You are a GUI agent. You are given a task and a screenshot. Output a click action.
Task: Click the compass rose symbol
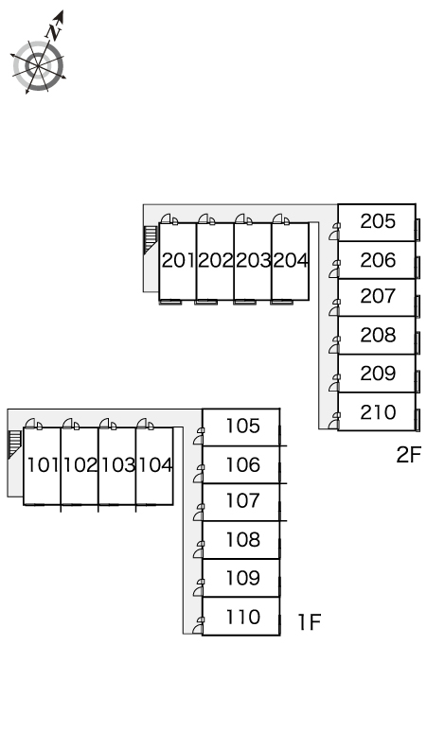pyautogui.click(x=38, y=66)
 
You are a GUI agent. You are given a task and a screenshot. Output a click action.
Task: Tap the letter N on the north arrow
pyautogui.click(x=54, y=31)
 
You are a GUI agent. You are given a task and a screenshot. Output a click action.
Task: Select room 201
pyautogui.click(x=178, y=261)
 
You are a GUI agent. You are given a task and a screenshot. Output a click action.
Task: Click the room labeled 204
pyautogui.click(x=290, y=261)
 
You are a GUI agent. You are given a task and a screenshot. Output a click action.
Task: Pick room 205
pyautogui.click(x=377, y=222)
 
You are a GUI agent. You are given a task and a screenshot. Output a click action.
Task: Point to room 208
pyautogui.click(x=377, y=336)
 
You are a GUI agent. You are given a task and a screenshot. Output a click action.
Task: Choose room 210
pyautogui.click(x=377, y=411)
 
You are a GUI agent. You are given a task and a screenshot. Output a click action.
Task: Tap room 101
pyautogui.click(x=42, y=466)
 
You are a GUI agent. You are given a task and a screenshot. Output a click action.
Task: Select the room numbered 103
pyautogui.click(x=116, y=466)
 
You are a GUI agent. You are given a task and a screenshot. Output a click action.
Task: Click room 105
pyautogui.click(x=241, y=427)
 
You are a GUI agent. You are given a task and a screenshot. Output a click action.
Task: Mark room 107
pyautogui.click(x=241, y=502)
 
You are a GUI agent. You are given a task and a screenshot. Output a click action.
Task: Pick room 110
pyautogui.click(x=241, y=617)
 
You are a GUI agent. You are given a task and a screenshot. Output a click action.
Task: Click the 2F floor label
pyautogui.click(x=409, y=455)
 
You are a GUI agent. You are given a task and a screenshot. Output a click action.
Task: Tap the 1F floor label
pyautogui.click(x=310, y=622)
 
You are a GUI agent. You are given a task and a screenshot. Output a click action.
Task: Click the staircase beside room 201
pyautogui.click(x=151, y=239)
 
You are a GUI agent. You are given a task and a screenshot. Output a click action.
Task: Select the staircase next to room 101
pyautogui.click(x=14, y=444)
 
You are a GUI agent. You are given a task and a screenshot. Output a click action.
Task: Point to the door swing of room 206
pyautogui.click(x=334, y=270)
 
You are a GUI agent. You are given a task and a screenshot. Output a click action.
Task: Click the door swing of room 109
pyautogui.click(x=199, y=588)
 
